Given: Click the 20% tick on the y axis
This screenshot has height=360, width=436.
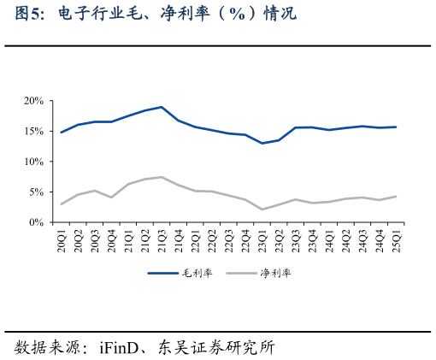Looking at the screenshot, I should pos(34,101).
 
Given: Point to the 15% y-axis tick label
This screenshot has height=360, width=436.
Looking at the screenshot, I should pos(34,131).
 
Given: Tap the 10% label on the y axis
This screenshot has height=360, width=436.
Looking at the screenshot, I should pos(34,162).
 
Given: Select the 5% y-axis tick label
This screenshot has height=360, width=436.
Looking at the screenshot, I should pos(37,192).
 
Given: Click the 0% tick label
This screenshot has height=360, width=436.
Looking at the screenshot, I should pos(37,222).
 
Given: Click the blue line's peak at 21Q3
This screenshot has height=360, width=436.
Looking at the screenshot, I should pos(162,107).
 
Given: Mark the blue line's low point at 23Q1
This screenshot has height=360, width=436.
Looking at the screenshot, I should pos(262,143).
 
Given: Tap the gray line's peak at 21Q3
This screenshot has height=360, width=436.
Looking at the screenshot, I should pos(162,177).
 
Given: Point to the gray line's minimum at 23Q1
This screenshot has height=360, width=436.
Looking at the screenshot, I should pos(262,210).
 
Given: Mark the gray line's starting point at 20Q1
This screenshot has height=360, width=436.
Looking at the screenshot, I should pos(62,204).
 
